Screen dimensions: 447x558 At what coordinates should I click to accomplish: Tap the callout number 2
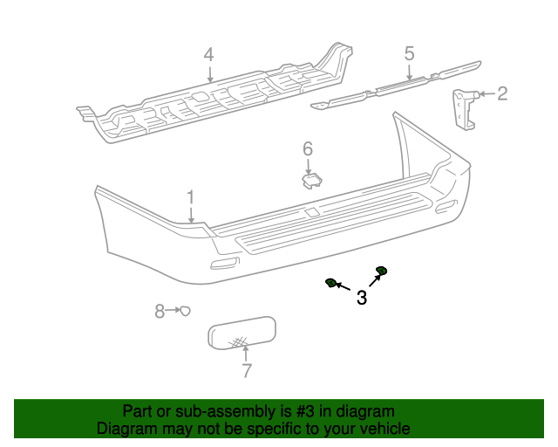pyautogui.click(x=502, y=93)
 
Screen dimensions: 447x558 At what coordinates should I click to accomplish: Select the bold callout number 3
pyautogui.click(x=361, y=299)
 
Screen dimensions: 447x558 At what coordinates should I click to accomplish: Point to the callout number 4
pyautogui.click(x=208, y=55)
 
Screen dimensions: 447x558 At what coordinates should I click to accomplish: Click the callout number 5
pyautogui.click(x=409, y=54)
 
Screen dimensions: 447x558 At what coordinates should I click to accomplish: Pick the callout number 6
pyautogui.click(x=308, y=149)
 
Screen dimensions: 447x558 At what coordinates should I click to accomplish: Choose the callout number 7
pyautogui.click(x=247, y=371)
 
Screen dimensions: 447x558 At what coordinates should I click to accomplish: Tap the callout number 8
pyautogui.click(x=160, y=311)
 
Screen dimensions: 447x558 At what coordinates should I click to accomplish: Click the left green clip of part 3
pyautogui.click(x=331, y=283)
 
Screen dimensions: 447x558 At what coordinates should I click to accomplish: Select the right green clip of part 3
pyautogui.click(x=381, y=270)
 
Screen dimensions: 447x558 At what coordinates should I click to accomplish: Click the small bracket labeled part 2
pyautogui.click(x=462, y=109)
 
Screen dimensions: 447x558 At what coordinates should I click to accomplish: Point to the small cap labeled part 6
pyautogui.click(x=310, y=180)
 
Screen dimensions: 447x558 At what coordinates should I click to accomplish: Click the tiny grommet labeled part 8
pyautogui.click(x=185, y=311)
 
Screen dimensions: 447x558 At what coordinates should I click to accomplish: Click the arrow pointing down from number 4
pyautogui.click(x=209, y=74)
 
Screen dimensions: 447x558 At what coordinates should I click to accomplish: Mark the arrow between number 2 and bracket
pyautogui.click(x=486, y=93)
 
